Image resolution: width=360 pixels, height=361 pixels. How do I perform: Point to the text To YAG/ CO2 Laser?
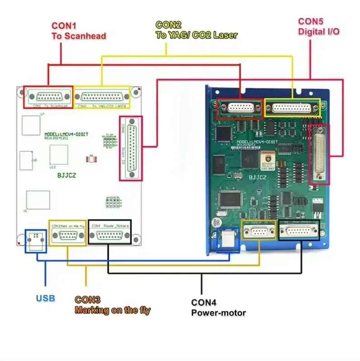tap(196, 34)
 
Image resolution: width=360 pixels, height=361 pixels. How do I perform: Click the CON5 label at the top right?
tap(311, 21)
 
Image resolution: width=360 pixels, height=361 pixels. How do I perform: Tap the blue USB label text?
tap(45, 298)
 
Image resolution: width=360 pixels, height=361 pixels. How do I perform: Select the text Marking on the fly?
tap(112, 310)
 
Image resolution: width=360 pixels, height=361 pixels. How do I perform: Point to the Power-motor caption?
tap(219, 312)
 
